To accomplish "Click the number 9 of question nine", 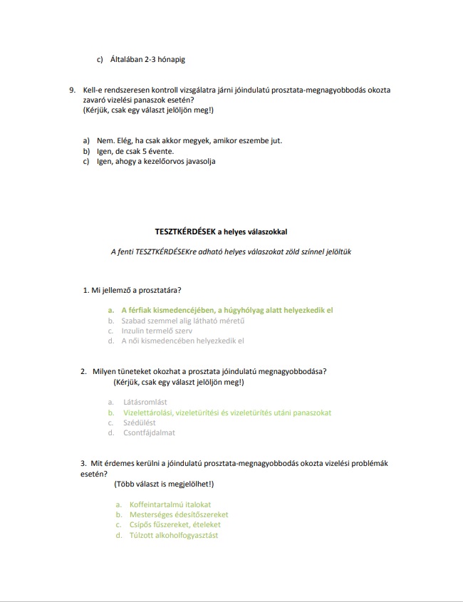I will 72,90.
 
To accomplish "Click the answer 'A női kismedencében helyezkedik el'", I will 183,341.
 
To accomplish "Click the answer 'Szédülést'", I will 140,422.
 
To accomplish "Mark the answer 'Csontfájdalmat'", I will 149,432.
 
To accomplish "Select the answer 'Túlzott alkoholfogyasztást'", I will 170,535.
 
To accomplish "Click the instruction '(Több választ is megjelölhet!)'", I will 162,484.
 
